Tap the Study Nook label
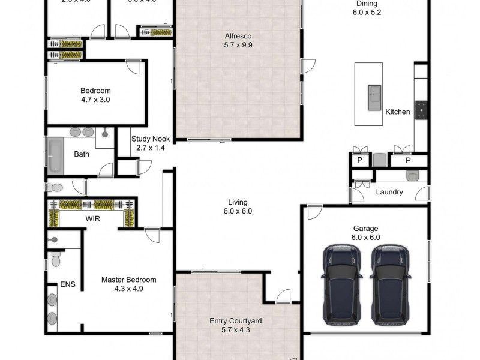(x=151, y=139)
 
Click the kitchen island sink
(x=374, y=94)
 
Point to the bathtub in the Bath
(x=54, y=154)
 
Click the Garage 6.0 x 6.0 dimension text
(x=366, y=237)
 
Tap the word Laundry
(x=389, y=193)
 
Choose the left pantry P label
(x=360, y=160)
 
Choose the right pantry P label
(x=408, y=160)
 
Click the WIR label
(x=92, y=220)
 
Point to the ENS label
(x=68, y=284)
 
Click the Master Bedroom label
(x=128, y=280)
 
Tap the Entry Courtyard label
(x=235, y=321)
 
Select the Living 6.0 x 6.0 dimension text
(x=238, y=211)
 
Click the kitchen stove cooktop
(x=422, y=109)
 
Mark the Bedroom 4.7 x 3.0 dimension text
(x=95, y=100)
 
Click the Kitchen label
(x=397, y=112)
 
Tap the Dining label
(x=367, y=2)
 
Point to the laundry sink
(x=412, y=176)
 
